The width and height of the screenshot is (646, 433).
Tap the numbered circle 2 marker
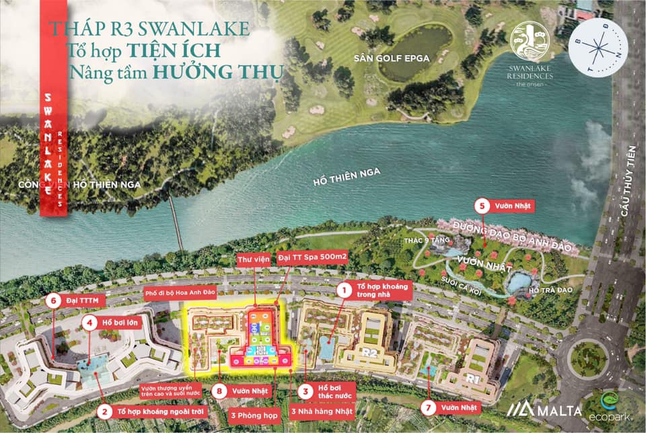click(104, 409)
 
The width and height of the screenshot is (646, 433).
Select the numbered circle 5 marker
click(481, 206)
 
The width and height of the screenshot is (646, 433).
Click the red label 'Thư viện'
click(254, 260)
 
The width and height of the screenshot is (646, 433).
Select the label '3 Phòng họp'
click(252, 415)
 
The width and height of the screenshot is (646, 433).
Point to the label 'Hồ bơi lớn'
click(111, 322)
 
